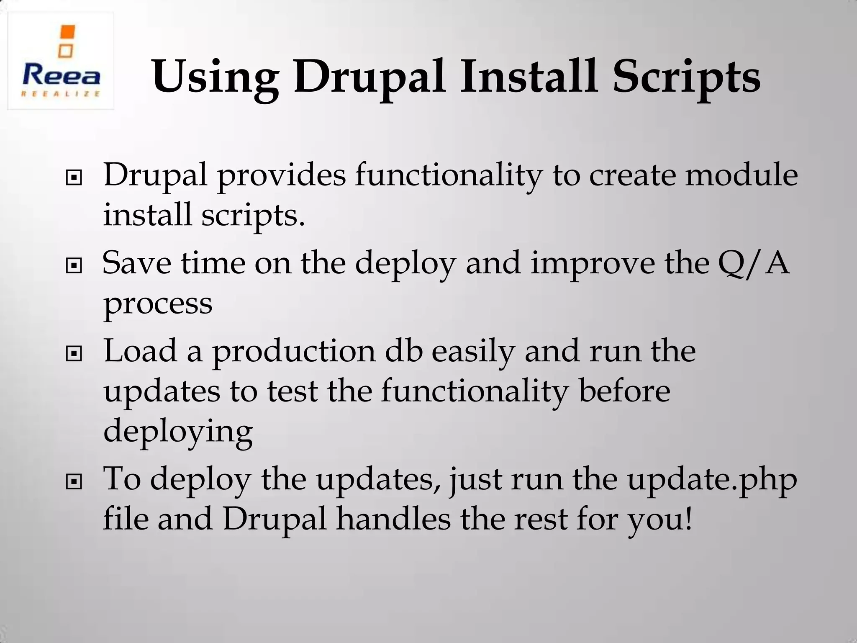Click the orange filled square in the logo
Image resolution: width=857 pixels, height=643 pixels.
[x=68, y=33]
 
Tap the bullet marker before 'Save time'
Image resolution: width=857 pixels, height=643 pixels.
[x=74, y=266]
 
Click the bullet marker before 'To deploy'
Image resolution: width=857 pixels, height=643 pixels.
[x=74, y=482]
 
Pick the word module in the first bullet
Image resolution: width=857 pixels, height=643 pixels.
[x=741, y=175]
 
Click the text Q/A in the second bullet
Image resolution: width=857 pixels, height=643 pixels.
[x=753, y=264]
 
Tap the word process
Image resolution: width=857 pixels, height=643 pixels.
[x=158, y=304]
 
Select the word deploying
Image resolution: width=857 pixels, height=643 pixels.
[x=178, y=432]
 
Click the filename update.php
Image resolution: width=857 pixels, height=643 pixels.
[x=712, y=480]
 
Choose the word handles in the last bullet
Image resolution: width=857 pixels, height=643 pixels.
[x=393, y=519]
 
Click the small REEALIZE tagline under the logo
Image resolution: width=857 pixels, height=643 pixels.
[x=61, y=94]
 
